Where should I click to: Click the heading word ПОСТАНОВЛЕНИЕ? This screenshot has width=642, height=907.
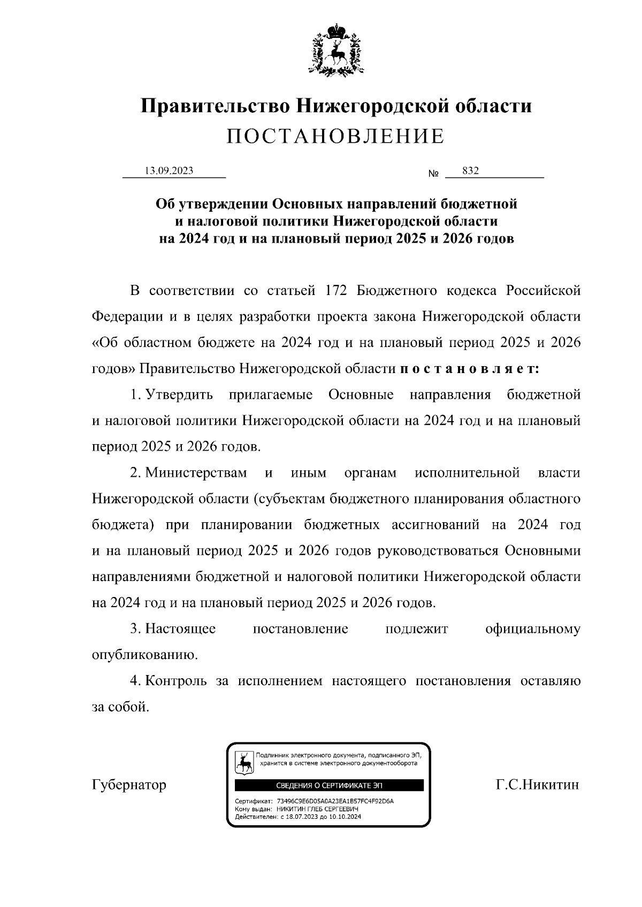click(335, 137)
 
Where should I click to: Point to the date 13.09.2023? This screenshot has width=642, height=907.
click(169, 170)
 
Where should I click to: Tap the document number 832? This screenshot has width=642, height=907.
click(470, 170)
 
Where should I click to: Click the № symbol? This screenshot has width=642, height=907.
click(433, 174)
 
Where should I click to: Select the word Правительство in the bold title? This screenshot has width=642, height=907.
click(216, 106)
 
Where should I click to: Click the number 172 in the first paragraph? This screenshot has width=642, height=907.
click(337, 291)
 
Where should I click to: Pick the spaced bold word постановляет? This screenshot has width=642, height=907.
click(470, 369)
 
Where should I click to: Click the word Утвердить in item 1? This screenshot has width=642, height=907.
click(179, 395)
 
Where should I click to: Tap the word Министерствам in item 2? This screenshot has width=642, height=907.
click(196, 473)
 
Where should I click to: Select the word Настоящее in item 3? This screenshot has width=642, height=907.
click(180, 629)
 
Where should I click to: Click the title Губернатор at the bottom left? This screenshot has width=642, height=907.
click(129, 785)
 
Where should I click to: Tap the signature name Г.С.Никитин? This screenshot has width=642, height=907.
click(537, 785)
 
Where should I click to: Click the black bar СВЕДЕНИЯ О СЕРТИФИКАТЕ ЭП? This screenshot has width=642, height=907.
click(329, 785)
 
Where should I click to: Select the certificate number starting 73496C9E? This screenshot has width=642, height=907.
click(335, 802)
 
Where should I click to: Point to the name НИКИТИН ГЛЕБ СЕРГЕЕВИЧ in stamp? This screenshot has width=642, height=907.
click(306, 809)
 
